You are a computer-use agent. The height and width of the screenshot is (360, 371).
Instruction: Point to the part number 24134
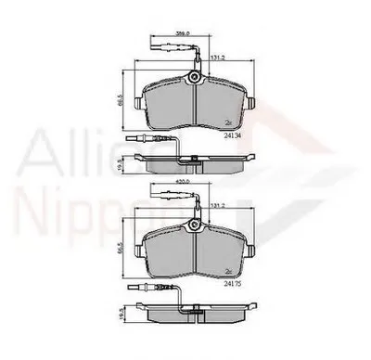(x=234, y=135)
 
